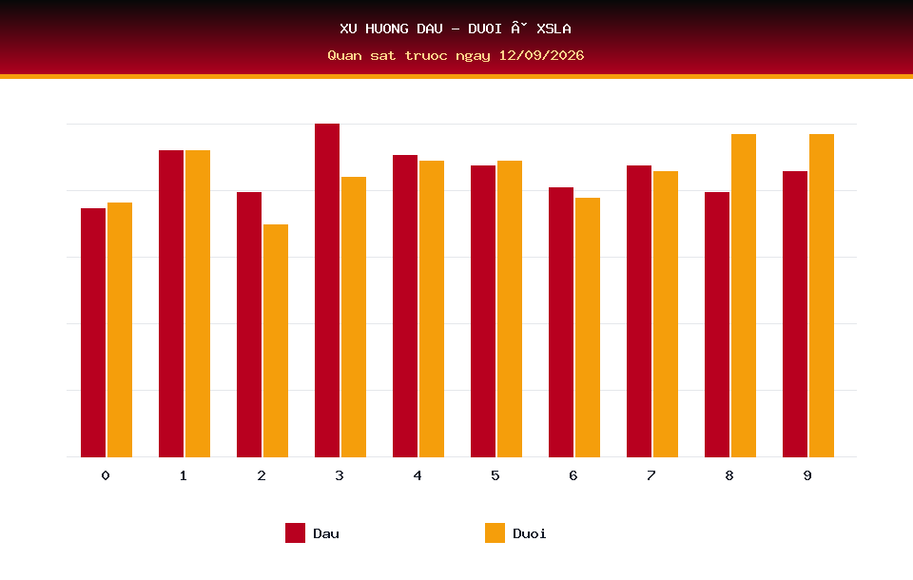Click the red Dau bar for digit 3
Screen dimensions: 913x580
point(327,290)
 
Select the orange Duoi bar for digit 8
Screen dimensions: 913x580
point(744,296)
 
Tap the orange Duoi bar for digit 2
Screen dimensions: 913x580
point(276,340)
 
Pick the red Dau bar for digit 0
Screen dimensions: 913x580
point(93,333)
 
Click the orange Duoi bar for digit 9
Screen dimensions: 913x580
point(822,296)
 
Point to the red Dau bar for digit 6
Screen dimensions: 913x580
point(561,322)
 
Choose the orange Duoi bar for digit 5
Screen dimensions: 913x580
point(510,309)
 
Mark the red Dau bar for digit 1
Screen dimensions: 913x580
point(171,303)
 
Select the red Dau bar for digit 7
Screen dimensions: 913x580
point(639,311)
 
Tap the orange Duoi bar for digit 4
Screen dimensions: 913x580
point(432,309)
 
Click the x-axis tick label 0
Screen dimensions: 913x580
point(106,475)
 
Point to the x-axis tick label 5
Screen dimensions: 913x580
point(495,475)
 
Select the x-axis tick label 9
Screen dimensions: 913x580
point(807,475)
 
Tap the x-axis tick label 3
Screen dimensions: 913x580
point(340,475)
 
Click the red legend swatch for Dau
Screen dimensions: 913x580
point(295,532)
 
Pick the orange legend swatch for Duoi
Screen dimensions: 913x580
point(495,532)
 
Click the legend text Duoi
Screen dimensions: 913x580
point(530,533)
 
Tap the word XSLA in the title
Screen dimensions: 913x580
point(554,29)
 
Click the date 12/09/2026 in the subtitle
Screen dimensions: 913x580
point(541,55)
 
